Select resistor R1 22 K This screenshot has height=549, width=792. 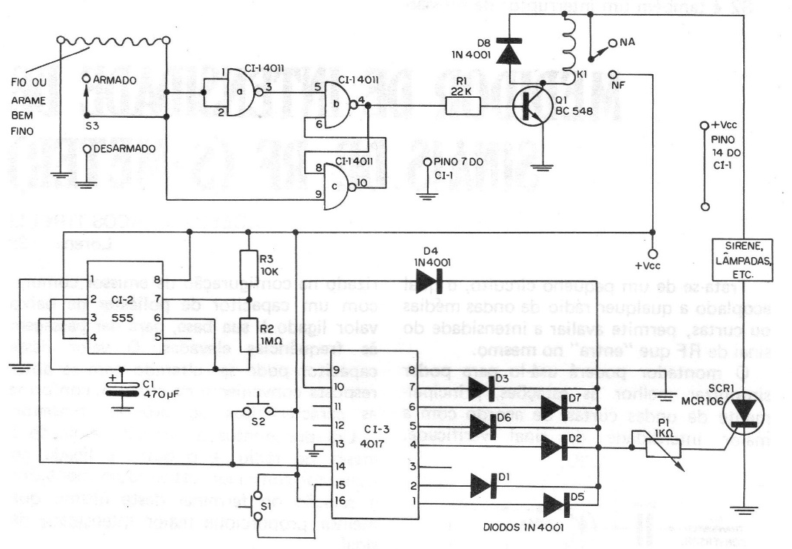coord(463,107)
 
